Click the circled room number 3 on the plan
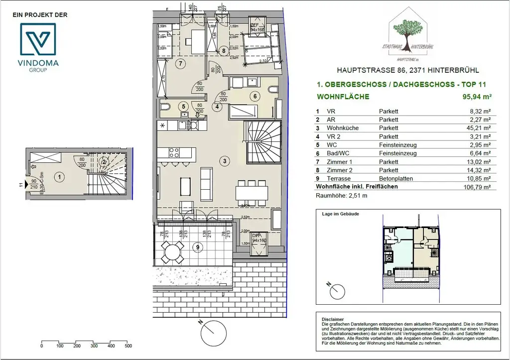[225, 161]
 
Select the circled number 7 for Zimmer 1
[180, 63]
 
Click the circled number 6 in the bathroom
[255, 97]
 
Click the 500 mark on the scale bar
[128, 346]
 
